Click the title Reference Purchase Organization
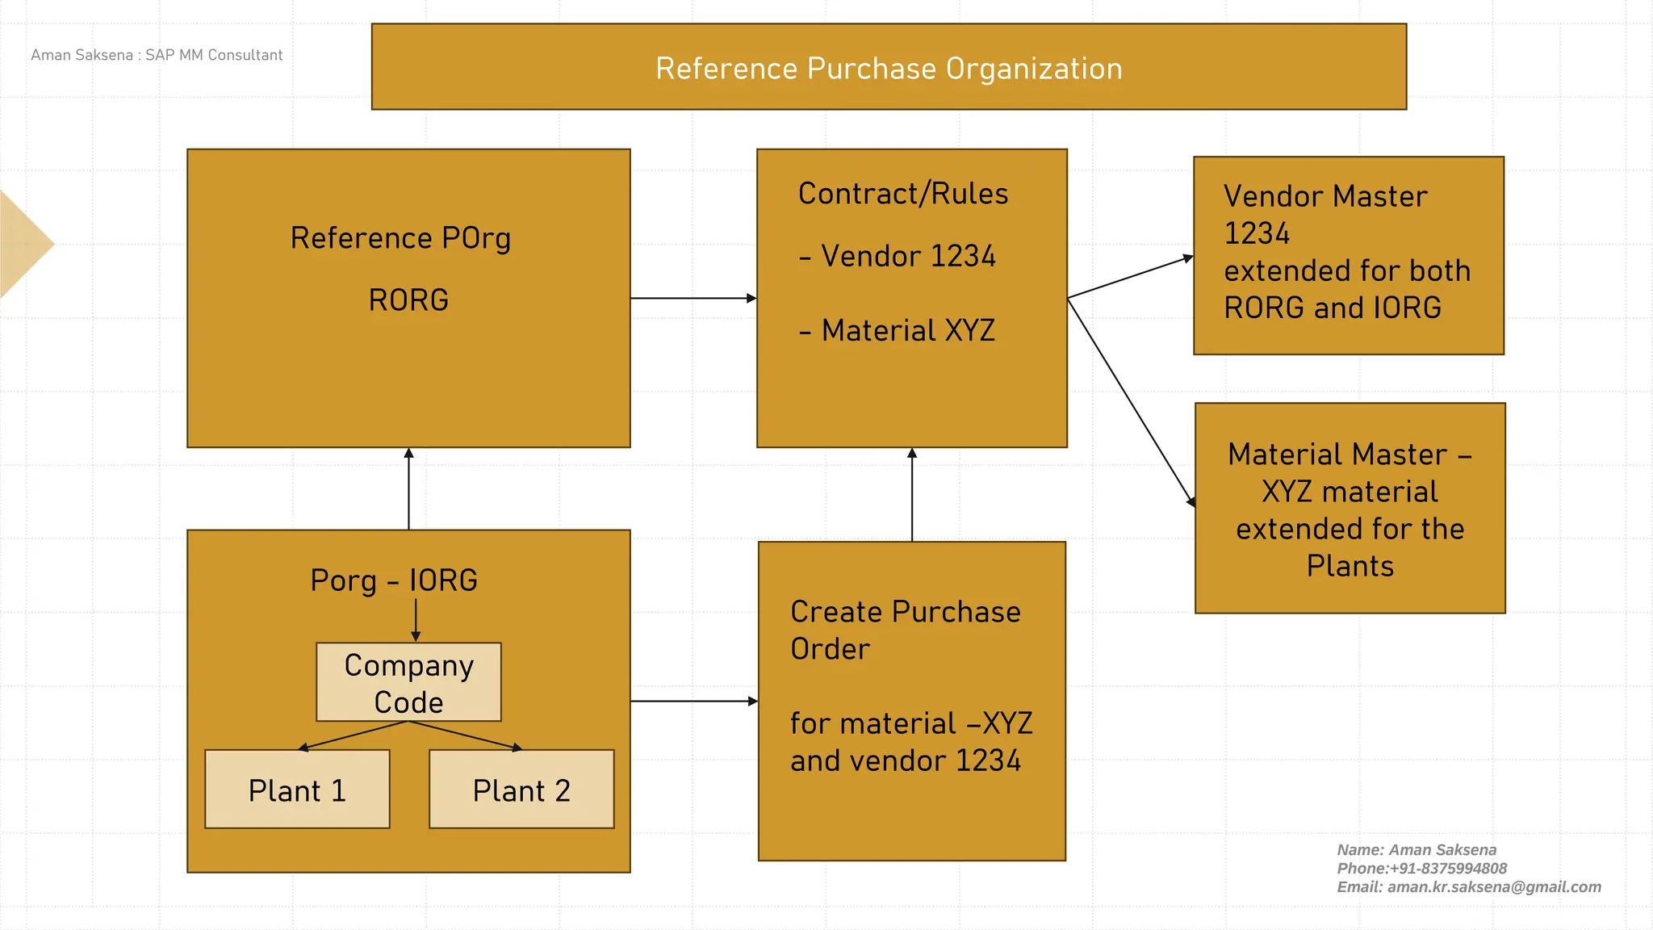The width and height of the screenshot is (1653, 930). [889, 69]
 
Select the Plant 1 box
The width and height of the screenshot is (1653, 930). [297, 790]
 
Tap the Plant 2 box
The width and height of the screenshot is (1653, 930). [521, 790]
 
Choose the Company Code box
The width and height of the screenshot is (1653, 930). [408, 682]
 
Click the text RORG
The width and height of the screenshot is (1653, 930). [408, 300]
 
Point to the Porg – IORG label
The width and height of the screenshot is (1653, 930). [394, 580]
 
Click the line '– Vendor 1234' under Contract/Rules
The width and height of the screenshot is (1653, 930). [897, 257]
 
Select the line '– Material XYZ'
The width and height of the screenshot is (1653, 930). [897, 331]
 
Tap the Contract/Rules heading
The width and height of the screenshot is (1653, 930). [903, 195]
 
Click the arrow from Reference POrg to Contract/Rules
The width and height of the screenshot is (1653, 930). [693, 298]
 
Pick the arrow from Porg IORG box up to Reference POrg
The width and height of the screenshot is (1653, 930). [408, 488]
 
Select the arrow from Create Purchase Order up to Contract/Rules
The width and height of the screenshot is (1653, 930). [912, 494]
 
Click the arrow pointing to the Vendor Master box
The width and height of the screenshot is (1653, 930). [1130, 278]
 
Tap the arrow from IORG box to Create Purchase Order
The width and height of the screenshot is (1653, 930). [694, 701]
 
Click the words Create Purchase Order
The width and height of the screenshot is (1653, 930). [905, 630]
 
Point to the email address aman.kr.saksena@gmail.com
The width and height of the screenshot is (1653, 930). [1493, 887]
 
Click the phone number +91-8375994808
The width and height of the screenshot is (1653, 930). [1448, 869]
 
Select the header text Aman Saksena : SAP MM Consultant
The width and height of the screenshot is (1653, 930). [157, 55]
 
